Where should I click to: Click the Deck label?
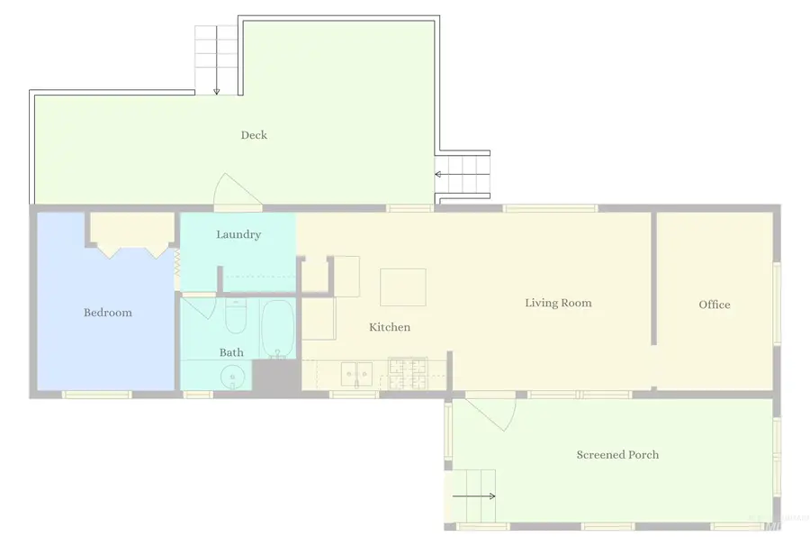tap(254, 135)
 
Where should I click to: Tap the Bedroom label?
tap(107, 313)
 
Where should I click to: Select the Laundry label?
tap(238, 235)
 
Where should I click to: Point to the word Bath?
tap(231, 352)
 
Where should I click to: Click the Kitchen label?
tap(390, 327)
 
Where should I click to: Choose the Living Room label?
tap(558, 303)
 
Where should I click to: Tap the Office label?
tap(715, 305)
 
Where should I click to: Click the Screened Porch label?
tap(617, 454)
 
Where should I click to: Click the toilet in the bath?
tap(236, 315)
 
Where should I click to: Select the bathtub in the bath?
tap(278, 329)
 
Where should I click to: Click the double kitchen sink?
tap(356, 374)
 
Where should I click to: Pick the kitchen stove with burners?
tap(408, 373)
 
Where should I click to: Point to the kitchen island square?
tap(403, 287)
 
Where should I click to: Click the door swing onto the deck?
tap(235, 188)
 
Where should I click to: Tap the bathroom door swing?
tap(199, 307)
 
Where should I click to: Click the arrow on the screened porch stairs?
tap(473, 496)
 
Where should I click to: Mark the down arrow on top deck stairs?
tap(216, 60)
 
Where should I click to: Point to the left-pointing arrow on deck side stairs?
tap(463, 174)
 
